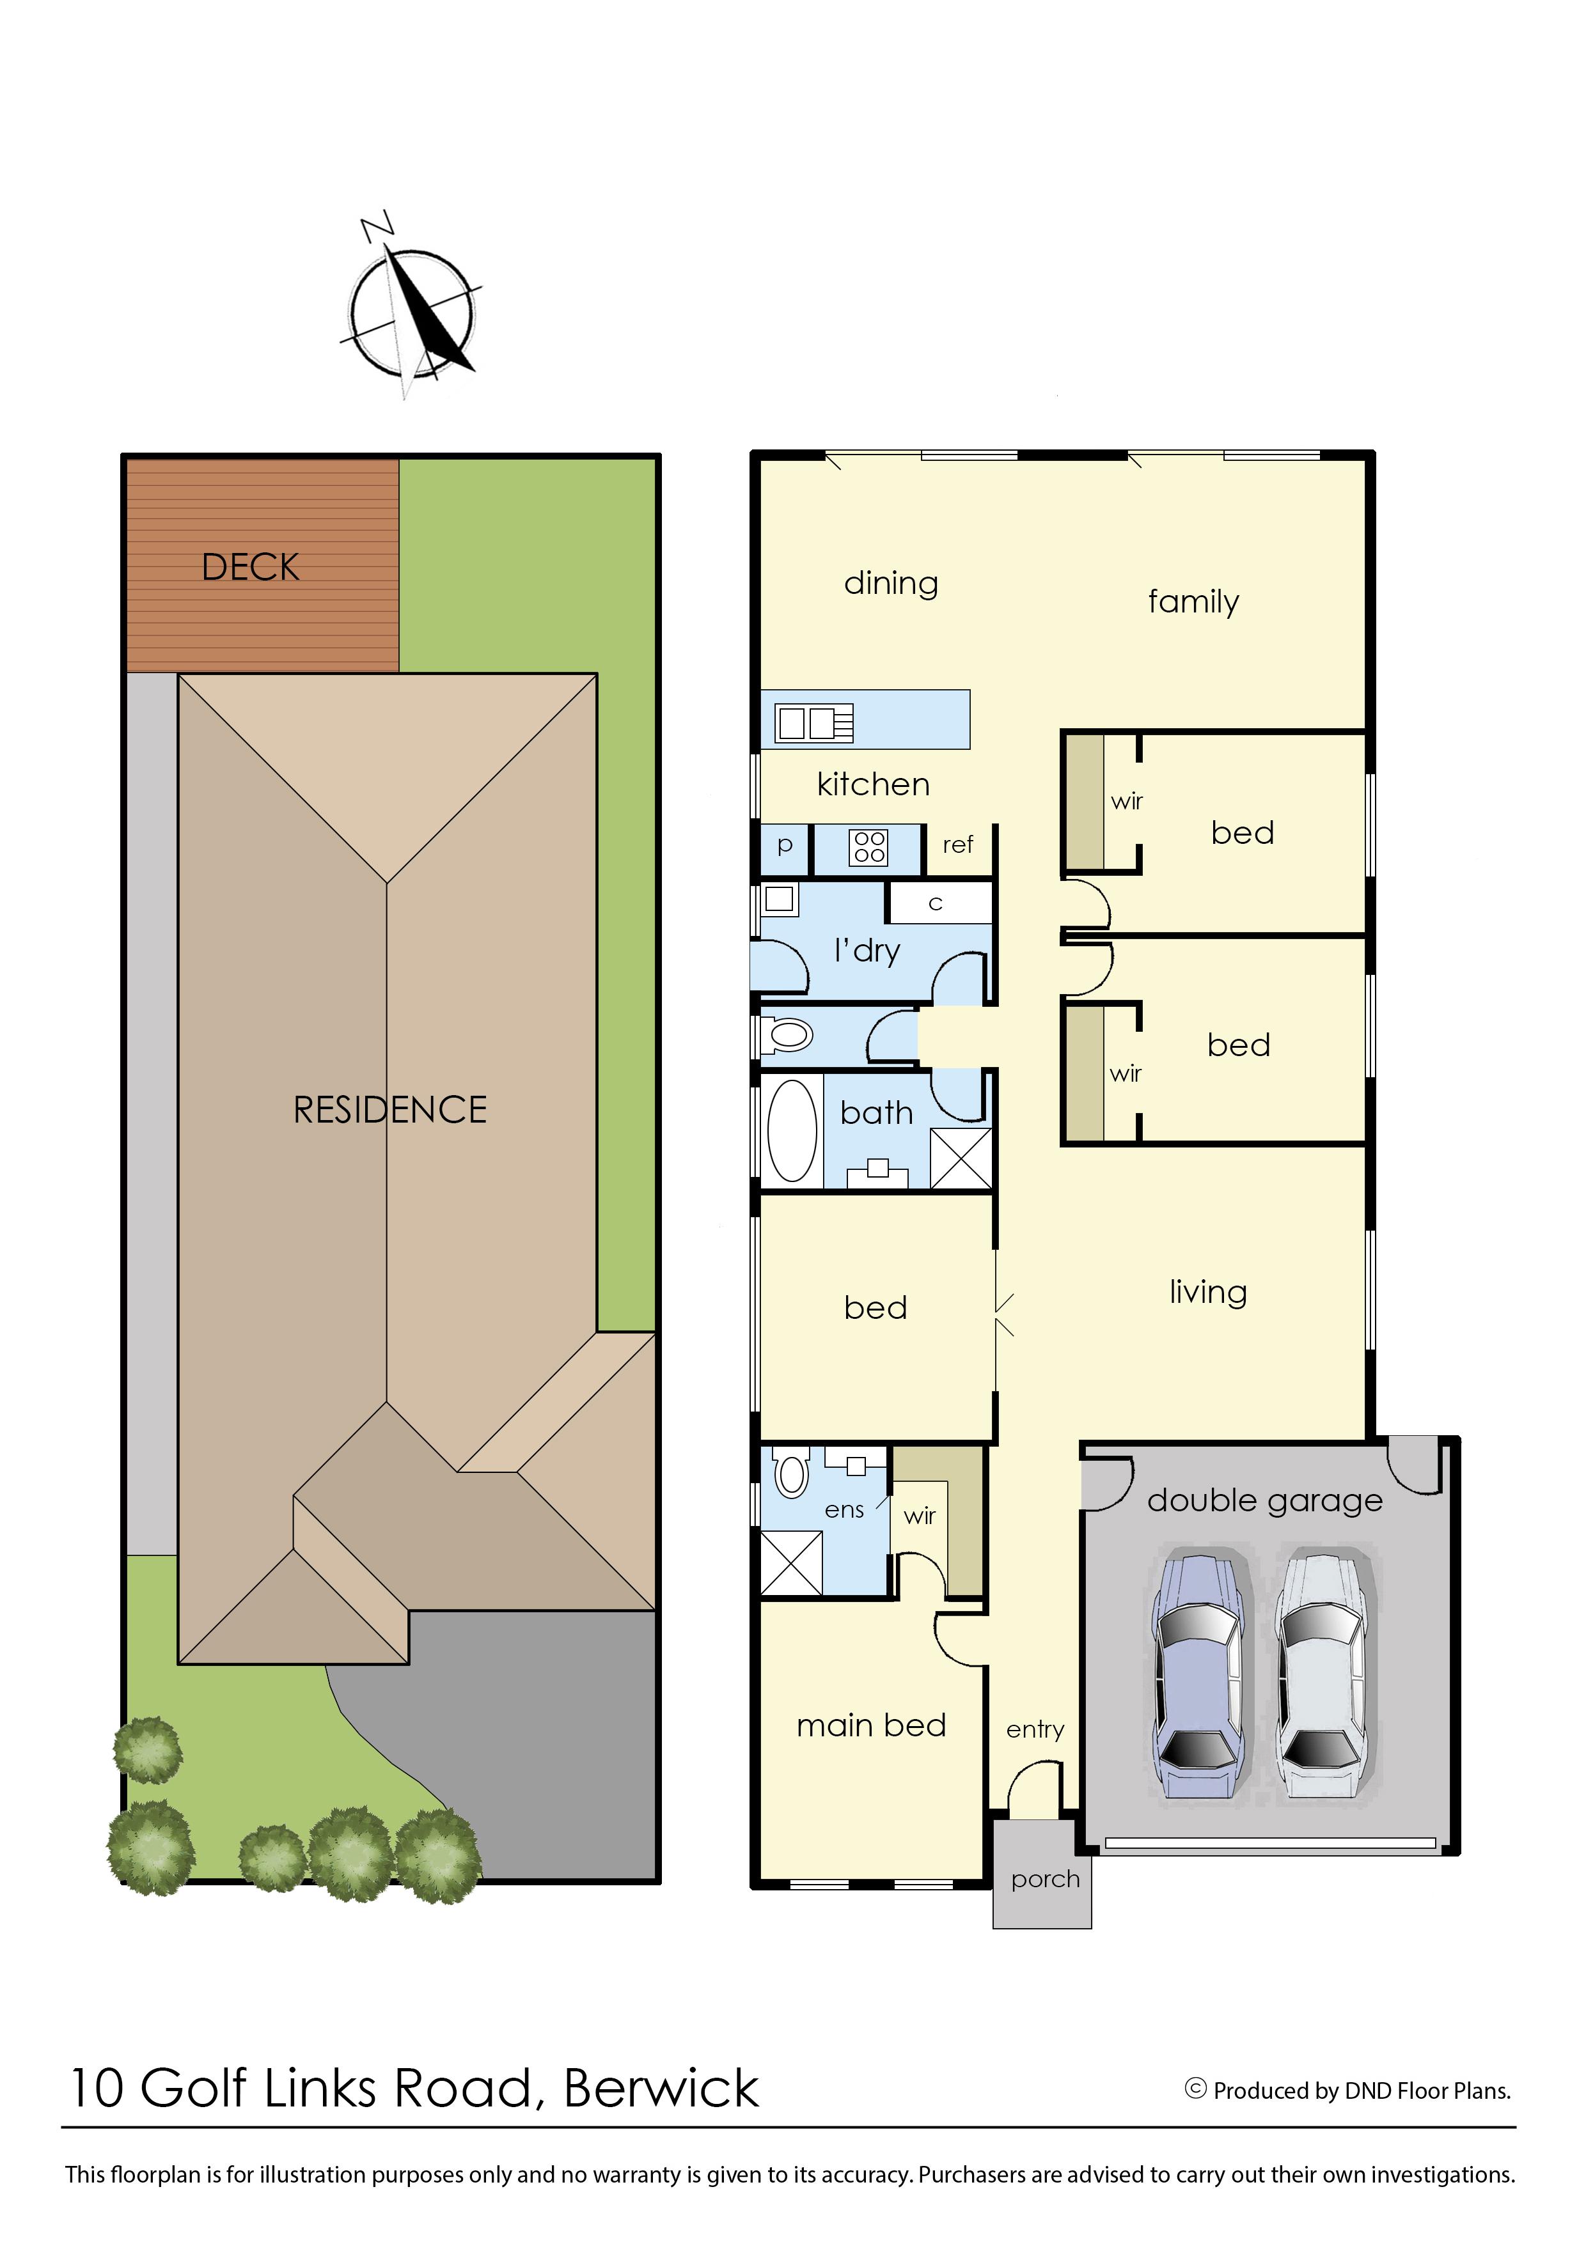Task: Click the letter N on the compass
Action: coord(377,226)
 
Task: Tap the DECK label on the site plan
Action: coord(250,567)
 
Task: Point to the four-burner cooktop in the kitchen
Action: coord(869,846)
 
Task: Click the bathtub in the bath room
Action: coord(792,1131)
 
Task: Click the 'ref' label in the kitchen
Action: coord(957,845)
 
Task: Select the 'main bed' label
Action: coord(871,1725)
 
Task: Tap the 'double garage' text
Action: coord(1265,1501)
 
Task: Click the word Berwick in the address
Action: coord(661,2090)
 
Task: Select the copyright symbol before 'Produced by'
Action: coord(1195,2089)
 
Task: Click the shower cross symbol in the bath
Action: coord(961,1159)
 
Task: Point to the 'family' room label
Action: coord(1193,602)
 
